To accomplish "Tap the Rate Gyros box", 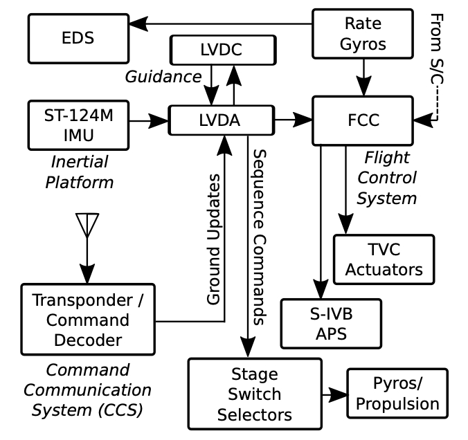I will pos(363,33).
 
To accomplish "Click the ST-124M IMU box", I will pos(78,125).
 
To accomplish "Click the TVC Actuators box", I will pos(384,259).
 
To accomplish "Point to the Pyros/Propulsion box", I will pos(397,393).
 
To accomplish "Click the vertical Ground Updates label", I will pos(214,239).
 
